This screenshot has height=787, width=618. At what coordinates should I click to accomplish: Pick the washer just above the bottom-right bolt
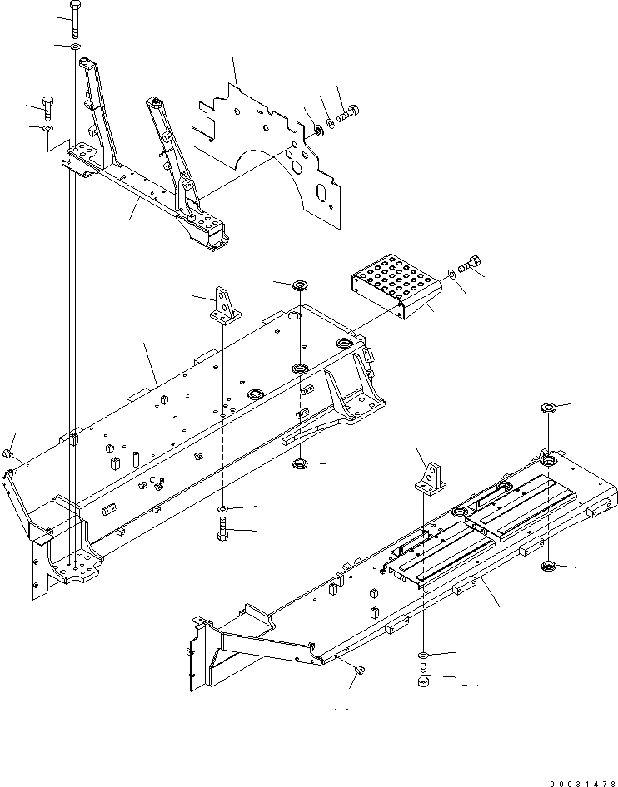pyautogui.click(x=424, y=656)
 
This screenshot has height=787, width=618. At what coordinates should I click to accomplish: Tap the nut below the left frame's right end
pyautogui.click(x=298, y=464)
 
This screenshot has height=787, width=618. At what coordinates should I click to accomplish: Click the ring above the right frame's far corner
pyautogui.click(x=550, y=408)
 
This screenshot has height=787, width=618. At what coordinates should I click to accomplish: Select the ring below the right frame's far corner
pyautogui.click(x=548, y=567)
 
